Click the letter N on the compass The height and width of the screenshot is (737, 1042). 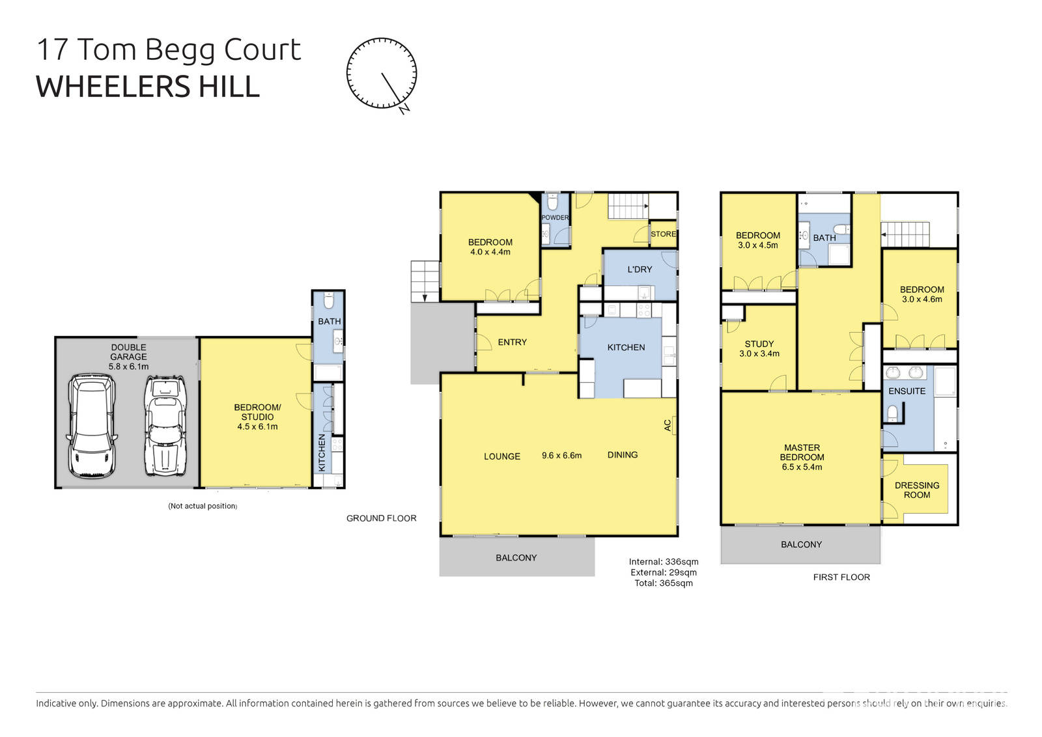pos(404,109)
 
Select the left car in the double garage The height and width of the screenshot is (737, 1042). pos(92,426)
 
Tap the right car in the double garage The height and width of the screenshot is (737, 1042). pos(165,426)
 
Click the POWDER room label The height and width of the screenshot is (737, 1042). pos(555,217)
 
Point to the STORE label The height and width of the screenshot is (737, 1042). pos(664,234)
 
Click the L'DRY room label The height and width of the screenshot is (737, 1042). pos(640,270)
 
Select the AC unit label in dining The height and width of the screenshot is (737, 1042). pos(668,425)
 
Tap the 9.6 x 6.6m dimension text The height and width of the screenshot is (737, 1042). pos(561,456)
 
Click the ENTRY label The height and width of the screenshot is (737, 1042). pos(512,342)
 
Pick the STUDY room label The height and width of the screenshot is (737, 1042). pos(759,344)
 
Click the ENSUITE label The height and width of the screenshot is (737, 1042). pos(907,391)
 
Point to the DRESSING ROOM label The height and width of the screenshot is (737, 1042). pos(917,490)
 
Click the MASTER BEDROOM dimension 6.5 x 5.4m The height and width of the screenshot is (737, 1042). pos(802,467)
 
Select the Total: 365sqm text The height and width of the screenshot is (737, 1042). pos(664,583)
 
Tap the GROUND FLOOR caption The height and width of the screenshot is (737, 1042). pos(381,518)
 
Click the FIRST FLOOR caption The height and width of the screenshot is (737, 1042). pos(841,577)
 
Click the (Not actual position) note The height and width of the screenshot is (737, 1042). pos(203,506)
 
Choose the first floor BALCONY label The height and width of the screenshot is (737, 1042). pos(801,544)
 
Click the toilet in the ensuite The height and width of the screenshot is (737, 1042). pos(893,413)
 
